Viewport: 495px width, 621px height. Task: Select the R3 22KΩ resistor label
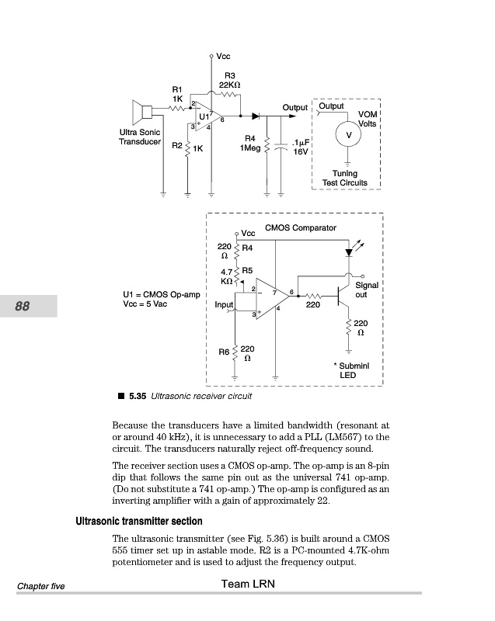click(x=229, y=80)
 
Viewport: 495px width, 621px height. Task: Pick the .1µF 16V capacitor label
click(x=300, y=147)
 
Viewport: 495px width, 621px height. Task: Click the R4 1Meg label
click(x=250, y=144)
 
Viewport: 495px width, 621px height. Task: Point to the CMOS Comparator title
click(x=301, y=228)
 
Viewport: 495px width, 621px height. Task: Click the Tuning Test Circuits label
click(x=345, y=179)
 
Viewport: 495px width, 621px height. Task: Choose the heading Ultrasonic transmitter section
click(x=138, y=521)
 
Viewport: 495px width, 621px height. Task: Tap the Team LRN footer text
click(x=247, y=584)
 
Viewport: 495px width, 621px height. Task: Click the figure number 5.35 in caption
click(x=138, y=396)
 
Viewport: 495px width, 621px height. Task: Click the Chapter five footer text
click(x=40, y=586)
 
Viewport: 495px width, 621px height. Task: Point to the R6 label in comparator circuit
click(x=223, y=352)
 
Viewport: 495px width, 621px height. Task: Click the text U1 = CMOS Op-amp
click(x=162, y=295)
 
